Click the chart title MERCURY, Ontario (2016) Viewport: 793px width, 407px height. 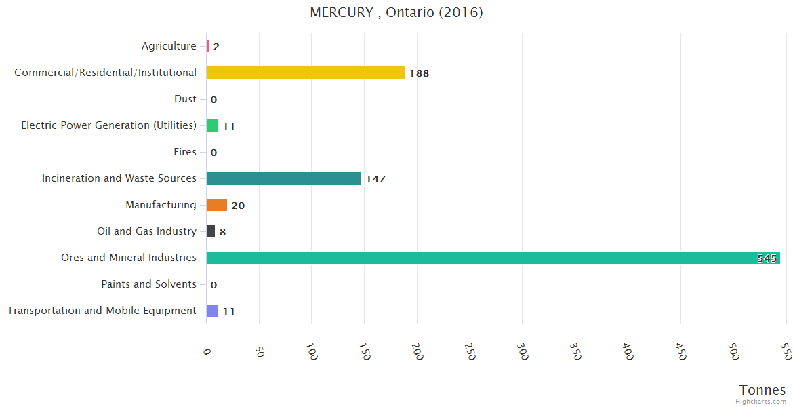click(396, 13)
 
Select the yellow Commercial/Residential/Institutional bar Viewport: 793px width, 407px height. click(305, 73)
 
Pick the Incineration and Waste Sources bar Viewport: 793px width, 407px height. click(283, 178)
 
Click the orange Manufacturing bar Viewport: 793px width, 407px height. click(217, 205)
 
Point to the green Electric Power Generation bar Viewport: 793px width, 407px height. click(212, 125)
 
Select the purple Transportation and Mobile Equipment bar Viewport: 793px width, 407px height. click(212, 311)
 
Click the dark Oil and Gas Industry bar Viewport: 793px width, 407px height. click(211, 231)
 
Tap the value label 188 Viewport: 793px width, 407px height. click(420, 73)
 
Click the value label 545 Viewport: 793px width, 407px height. click(767, 258)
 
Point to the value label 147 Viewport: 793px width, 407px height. click(375, 179)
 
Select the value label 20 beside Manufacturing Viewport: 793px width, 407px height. click(238, 206)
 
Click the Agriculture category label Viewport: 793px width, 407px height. click(169, 46)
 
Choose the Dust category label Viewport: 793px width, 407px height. click(185, 99)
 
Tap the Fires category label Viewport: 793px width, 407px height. click(185, 152)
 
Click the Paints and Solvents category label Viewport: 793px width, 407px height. click(148, 284)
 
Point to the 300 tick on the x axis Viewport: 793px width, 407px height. click(522, 351)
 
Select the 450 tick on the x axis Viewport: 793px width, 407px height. click(680, 351)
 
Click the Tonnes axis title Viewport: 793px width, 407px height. click(762, 390)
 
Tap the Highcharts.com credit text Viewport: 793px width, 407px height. click(761, 402)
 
